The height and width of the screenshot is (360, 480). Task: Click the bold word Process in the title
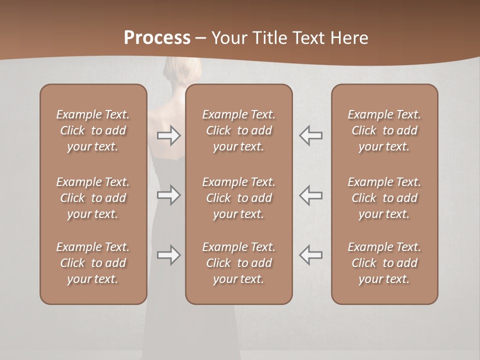(157, 37)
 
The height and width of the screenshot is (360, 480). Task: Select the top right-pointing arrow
(168, 135)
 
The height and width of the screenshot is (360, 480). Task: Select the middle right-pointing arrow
(168, 195)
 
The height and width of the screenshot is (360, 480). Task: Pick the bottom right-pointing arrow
(168, 255)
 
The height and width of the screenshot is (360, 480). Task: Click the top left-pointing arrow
(310, 135)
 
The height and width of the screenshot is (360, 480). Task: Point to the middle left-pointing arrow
(310, 195)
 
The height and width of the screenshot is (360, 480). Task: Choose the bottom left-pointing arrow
(310, 255)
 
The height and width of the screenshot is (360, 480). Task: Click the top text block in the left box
(93, 130)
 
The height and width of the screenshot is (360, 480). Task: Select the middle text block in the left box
(93, 198)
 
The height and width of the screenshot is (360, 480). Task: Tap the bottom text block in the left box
(93, 263)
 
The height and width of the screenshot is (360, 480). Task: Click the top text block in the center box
(238, 130)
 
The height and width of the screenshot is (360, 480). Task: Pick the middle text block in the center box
(238, 198)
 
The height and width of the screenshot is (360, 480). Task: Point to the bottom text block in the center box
(238, 263)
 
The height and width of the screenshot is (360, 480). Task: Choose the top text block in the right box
(384, 130)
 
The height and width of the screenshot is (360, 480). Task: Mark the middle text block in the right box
(384, 198)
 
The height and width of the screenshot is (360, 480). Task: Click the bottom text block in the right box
(384, 263)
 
